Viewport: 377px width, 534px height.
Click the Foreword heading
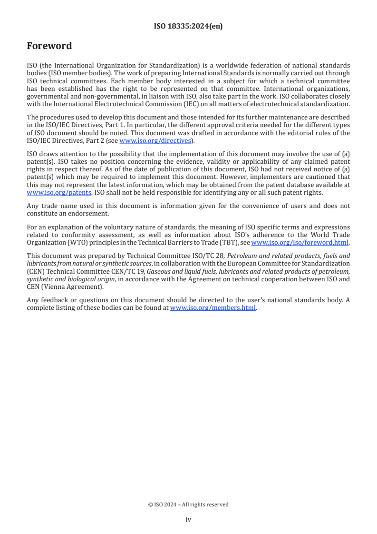49,46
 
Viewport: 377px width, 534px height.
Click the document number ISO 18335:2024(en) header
188,27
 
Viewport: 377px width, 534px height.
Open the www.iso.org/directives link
155,140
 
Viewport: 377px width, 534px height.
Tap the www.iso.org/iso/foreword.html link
300,242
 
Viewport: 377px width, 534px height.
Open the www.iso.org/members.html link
213,307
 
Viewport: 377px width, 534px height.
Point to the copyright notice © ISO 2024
188,504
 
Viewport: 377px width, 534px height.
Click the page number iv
188,520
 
